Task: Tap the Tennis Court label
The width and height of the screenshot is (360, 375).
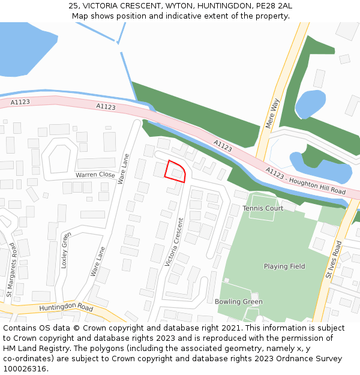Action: point(263,208)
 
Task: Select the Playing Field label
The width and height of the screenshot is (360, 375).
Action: point(284,266)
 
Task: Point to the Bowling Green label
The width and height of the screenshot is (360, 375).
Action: point(239,301)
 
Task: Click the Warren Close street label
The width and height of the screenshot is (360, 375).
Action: point(95,175)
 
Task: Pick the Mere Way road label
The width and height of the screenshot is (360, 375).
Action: point(272,113)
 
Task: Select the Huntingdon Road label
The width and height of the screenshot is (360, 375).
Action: point(66,308)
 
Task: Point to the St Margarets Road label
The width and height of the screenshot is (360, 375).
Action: point(10,270)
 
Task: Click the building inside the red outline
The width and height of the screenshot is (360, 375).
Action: point(177,173)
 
